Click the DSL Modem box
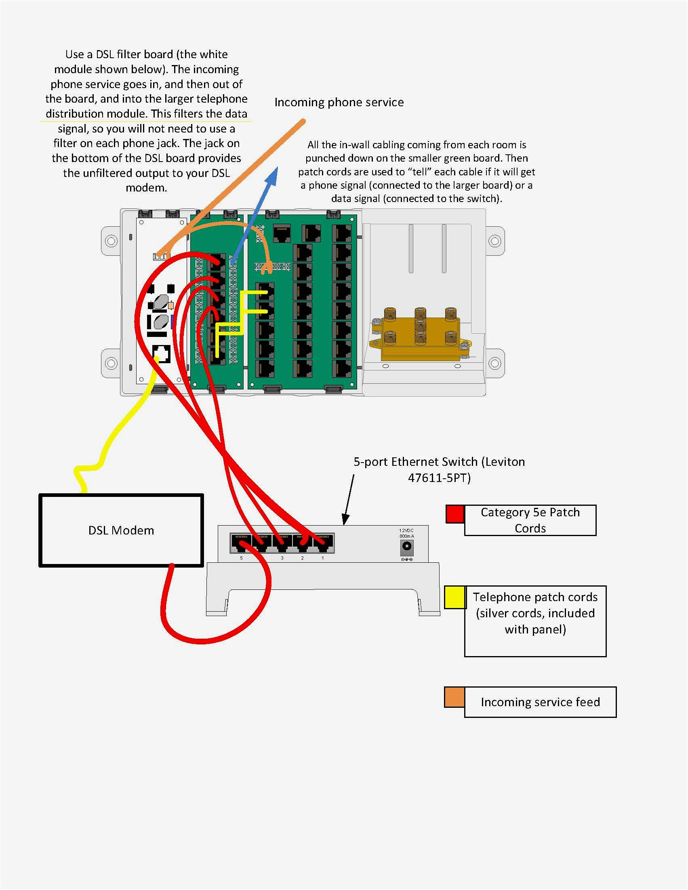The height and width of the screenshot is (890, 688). [x=121, y=530]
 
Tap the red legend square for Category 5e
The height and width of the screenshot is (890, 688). [x=455, y=514]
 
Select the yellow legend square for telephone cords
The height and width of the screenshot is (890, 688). [x=455, y=598]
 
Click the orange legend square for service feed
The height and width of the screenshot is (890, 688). [x=454, y=697]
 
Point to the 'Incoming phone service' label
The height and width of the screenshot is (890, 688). [x=339, y=102]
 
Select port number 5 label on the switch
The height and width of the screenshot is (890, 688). [x=241, y=558]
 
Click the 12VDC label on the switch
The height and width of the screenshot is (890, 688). [x=406, y=530]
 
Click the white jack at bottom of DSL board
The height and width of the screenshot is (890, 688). [x=162, y=354]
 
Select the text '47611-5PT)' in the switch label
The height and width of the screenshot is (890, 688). [x=439, y=478]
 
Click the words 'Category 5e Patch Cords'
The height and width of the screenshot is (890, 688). [x=530, y=520]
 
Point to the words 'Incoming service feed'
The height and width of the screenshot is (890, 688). [x=540, y=702]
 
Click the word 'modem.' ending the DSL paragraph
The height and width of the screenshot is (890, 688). [x=146, y=188]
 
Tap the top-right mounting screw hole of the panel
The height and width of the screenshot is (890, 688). [x=494, y=241]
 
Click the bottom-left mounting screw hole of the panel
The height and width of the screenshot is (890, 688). [x=111, y=363]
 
